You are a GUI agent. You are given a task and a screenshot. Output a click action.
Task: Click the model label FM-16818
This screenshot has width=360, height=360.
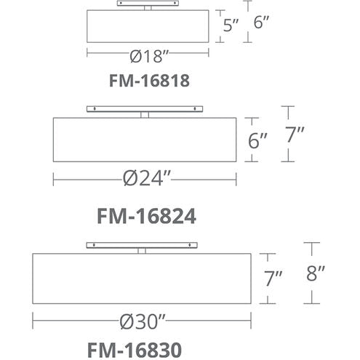click(149, 81)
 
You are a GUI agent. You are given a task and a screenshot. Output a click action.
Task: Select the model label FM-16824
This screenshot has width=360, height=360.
click(146, 216)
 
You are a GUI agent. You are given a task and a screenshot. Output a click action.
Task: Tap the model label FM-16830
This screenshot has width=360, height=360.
click(135, 350)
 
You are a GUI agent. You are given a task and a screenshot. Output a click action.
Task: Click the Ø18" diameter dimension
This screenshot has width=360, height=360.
click(149, 56)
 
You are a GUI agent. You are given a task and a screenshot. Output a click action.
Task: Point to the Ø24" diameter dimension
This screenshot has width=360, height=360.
click(147, 178)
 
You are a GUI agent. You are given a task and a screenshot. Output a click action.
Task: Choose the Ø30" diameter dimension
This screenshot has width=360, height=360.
click(143, 321)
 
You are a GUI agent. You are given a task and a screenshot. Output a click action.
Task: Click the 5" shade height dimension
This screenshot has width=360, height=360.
click(231, 25)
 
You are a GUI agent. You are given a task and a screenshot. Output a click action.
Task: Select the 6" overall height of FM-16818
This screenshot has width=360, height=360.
click(261, 22)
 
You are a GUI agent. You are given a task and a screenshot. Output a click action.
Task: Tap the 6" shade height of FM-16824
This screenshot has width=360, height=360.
click(257, 140)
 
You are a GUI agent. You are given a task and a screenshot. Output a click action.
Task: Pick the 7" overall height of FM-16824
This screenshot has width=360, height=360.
click(295, 135)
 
